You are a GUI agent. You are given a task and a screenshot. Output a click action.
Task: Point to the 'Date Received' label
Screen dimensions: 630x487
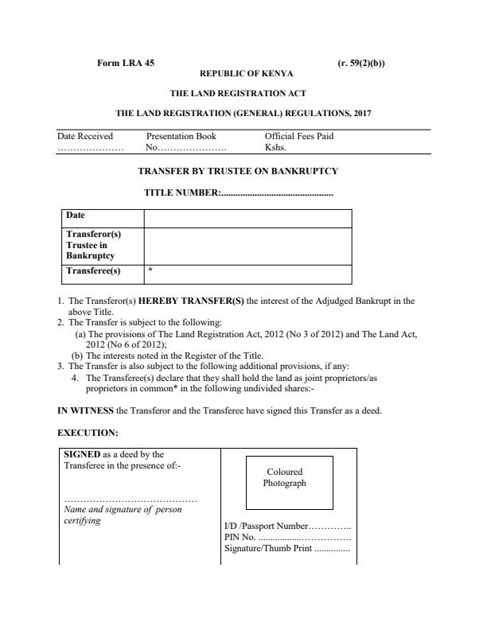point(85,136)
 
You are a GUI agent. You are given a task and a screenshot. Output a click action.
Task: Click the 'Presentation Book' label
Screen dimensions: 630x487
point(181,136)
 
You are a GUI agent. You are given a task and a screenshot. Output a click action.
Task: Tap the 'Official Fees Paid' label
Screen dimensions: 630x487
point(299,136)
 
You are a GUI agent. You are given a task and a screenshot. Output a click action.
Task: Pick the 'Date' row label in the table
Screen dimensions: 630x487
point(76,216)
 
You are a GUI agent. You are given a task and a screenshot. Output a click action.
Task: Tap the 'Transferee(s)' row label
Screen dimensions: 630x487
point(93,271)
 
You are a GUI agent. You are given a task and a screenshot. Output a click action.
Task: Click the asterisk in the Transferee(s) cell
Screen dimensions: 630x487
point(150,271)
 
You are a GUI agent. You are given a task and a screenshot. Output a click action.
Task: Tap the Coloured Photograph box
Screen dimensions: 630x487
point(285,479)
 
